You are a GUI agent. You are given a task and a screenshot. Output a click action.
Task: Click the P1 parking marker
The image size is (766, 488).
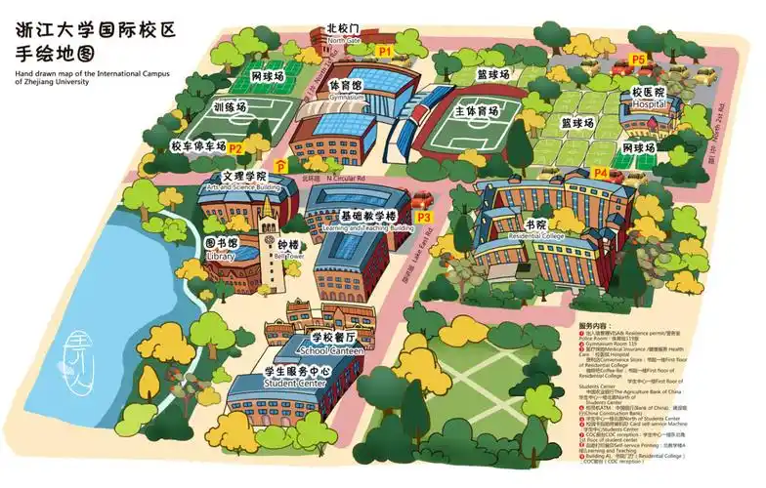point(385,48)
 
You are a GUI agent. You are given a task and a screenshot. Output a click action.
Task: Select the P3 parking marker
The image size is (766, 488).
point(424,217)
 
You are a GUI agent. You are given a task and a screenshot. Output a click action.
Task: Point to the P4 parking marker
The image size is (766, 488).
point(601,173)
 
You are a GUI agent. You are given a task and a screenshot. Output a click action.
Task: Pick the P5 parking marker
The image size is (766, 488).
point(638,60)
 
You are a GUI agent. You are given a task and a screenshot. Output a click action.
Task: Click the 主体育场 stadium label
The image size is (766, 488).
point(477,111)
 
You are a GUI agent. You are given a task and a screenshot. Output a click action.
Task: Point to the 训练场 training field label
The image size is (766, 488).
point(231,107)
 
